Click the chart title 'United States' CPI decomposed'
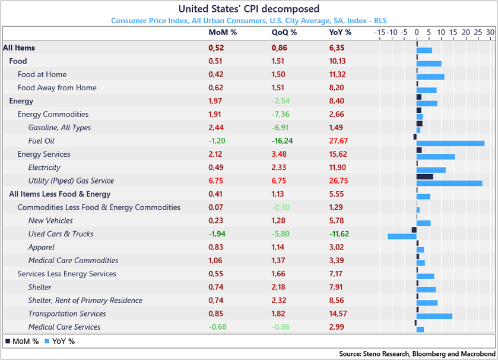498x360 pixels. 249,9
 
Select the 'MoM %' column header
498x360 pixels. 223,33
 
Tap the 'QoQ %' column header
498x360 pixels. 284,33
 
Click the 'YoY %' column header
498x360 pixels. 340,33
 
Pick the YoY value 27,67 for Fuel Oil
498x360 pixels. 338,141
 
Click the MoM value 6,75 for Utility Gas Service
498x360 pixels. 217,181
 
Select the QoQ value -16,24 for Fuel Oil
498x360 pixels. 282,141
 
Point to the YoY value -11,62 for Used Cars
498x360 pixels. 339,234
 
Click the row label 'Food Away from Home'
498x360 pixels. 57,88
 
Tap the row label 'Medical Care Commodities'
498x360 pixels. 73,261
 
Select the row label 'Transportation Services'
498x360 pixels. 67,314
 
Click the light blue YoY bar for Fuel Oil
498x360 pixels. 450,143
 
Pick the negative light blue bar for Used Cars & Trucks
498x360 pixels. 402,236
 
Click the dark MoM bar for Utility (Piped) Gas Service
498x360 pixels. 424,176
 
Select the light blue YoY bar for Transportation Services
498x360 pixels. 434,317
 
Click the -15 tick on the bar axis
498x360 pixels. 380,33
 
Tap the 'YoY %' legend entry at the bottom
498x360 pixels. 59,342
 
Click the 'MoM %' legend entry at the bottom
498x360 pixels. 22,342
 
